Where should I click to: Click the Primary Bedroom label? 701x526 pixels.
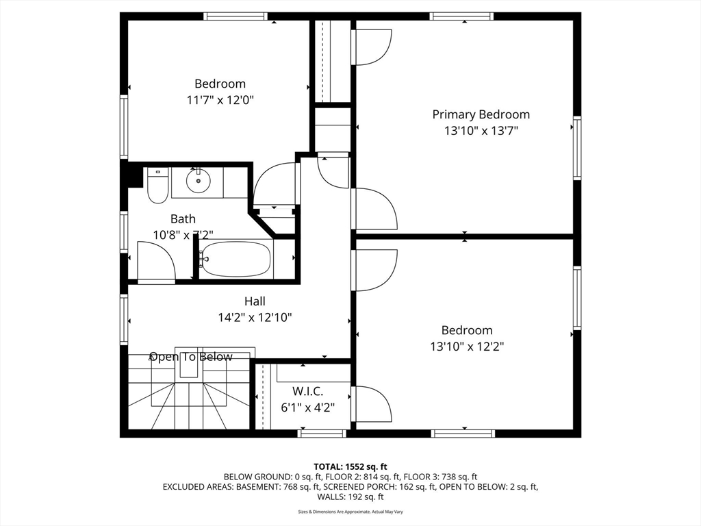tap(481, 114)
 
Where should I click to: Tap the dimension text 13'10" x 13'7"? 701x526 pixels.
tap(481, 131)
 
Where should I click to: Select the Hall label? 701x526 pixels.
tap(255, 301)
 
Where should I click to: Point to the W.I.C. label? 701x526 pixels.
tap(307, 391)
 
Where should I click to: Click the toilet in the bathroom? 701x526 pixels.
tap(157, 185)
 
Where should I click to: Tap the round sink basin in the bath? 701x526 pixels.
tap(198, 181)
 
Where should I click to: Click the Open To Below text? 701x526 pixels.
tap(191, 356)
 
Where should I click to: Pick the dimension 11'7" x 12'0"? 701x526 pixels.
tap(220, 100)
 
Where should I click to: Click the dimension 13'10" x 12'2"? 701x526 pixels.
tap(467, 346)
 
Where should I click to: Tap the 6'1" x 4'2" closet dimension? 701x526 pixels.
tap(307, 408)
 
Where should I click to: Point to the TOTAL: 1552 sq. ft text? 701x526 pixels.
tap(350, 467)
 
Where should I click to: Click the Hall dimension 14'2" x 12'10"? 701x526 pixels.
tap(255, 318)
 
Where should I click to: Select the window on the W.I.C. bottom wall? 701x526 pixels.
tap(322, 433)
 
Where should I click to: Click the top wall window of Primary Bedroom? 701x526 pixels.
tap(462, 16)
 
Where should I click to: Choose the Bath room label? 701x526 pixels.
tap(183, 218)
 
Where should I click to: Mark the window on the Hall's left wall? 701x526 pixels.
tap(124, 318)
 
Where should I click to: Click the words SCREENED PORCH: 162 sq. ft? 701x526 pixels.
tap(379, 487)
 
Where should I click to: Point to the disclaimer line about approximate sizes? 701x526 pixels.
tap(350, 512)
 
